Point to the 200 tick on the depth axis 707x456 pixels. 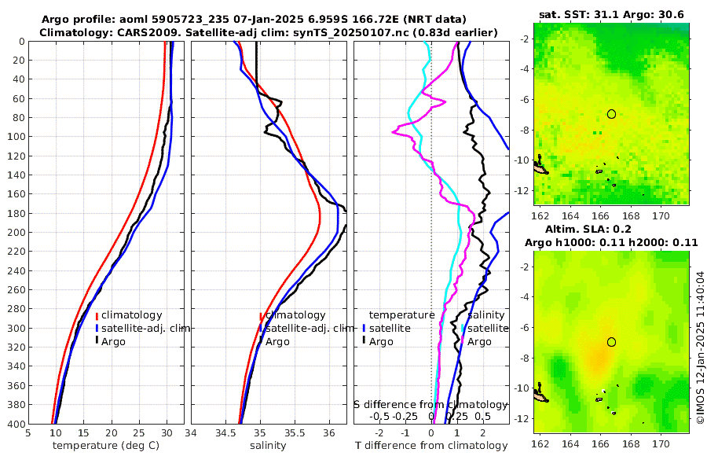coord(16,233)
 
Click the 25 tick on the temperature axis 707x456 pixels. coord(139,432)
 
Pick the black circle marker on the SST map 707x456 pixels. coord(611,114)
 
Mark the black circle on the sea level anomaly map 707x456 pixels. coord(611,341)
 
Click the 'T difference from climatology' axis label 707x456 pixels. coord(431,446)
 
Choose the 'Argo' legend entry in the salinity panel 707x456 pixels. coord(278,341)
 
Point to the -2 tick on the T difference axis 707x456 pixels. coord(380,432)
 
